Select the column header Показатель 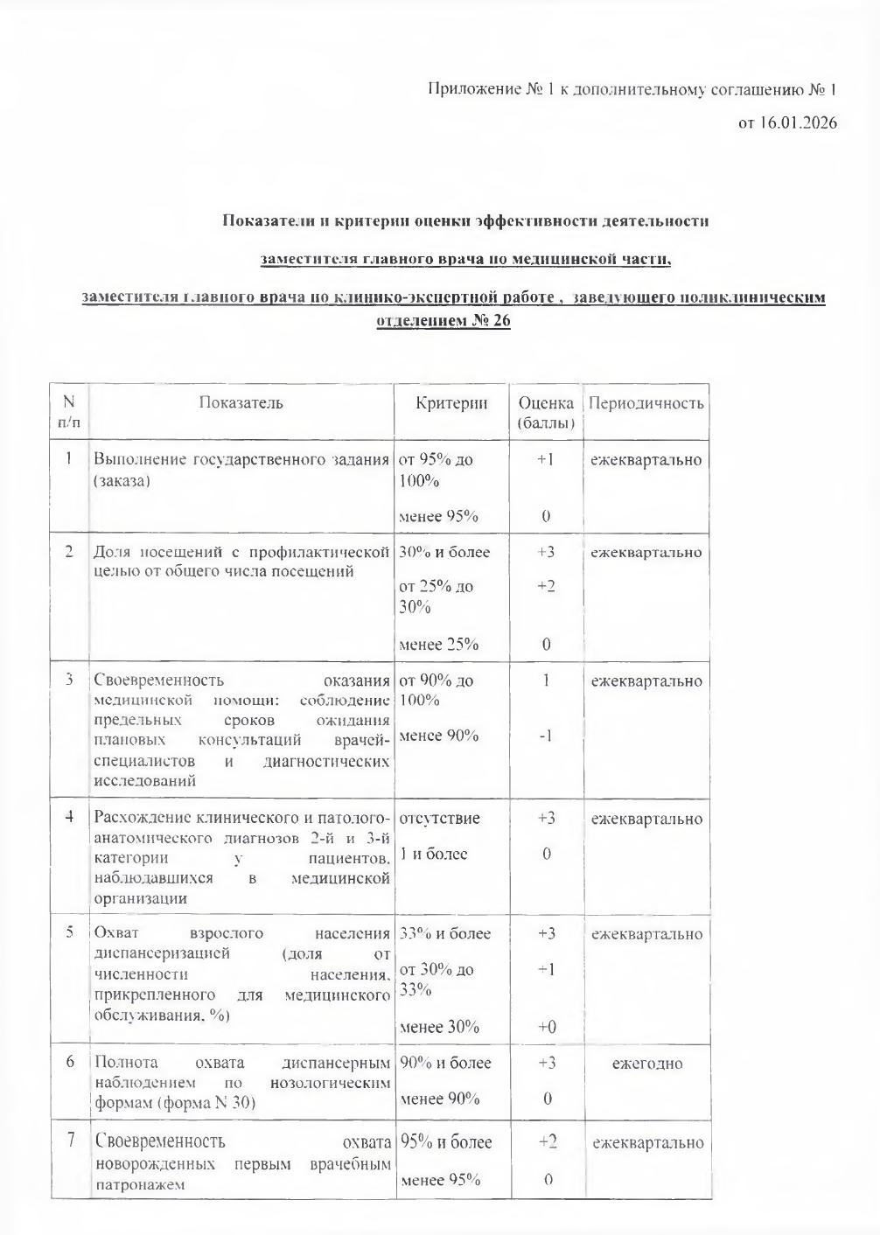241,403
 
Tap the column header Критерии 451,403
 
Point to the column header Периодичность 646,403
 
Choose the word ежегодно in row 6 646,1064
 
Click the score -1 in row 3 545,736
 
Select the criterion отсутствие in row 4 439,819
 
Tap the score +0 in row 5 546,1027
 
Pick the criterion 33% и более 444,933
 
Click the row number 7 69,1140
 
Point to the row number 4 69,817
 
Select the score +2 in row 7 547,1141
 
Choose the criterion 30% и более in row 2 444,552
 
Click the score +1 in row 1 545,459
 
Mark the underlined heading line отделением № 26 443,320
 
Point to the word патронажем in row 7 138,1185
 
